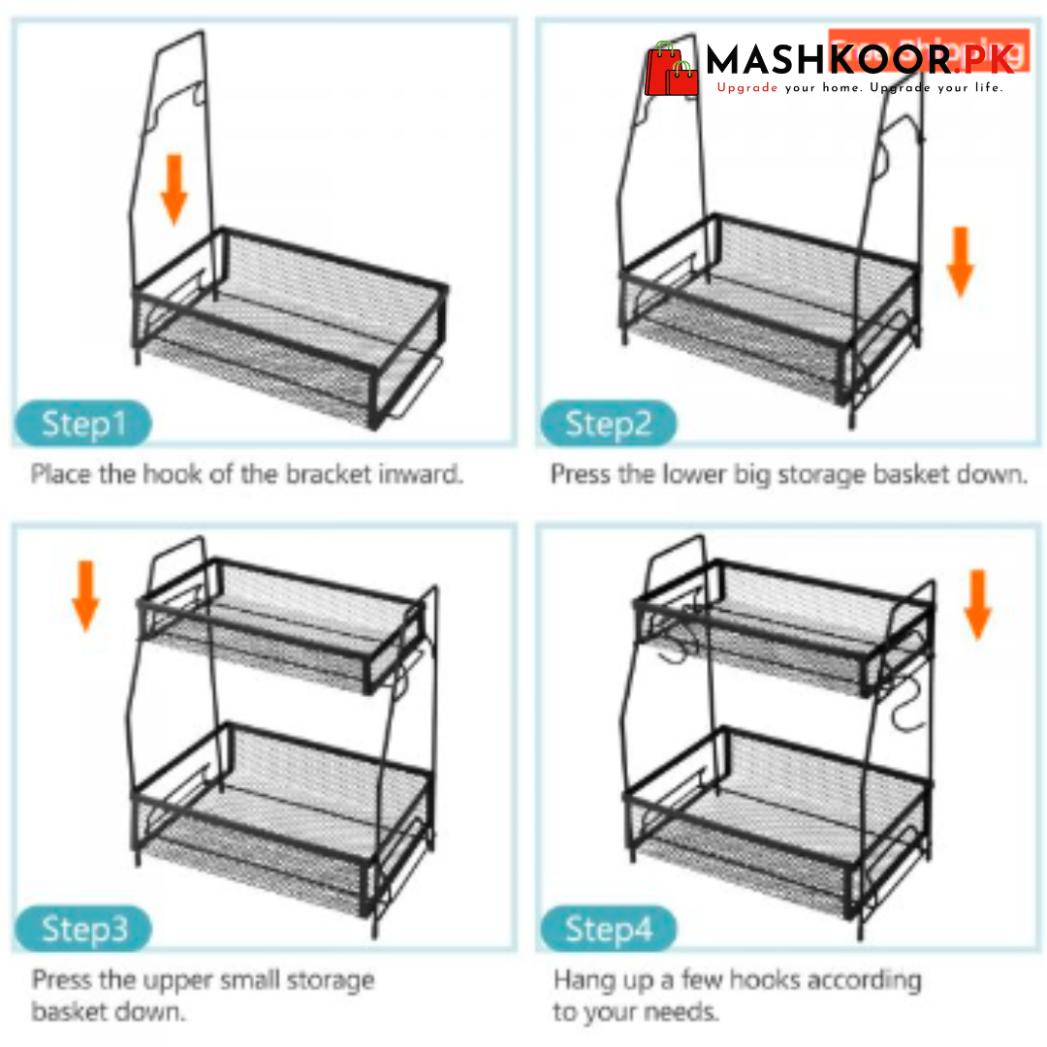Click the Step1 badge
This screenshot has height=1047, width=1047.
83,424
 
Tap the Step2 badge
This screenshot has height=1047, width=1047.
607,424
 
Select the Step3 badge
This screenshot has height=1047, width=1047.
83,930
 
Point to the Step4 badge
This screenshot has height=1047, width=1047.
608,930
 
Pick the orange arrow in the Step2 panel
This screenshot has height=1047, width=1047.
960,260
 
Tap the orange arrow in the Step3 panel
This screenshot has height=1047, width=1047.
86,594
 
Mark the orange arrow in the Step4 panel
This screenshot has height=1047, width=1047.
978,603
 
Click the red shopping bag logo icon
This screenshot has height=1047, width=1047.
672,70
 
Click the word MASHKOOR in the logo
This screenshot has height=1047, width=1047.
829,60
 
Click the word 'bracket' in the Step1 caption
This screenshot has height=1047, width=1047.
322,475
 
